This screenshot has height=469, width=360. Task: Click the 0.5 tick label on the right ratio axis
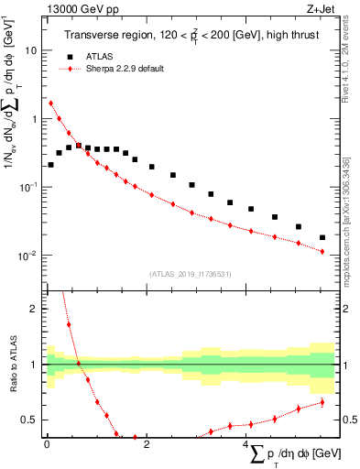pos(348,420)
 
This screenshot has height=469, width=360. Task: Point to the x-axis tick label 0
pos(46,443)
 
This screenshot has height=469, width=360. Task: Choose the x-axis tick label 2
pos(146,443)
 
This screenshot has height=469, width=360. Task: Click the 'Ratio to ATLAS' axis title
pos(12,364)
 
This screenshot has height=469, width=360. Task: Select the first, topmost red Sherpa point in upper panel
pos(50,104)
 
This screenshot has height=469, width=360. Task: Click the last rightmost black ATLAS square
pos(322,237)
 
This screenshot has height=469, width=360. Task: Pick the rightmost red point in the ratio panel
pos(322,402)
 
